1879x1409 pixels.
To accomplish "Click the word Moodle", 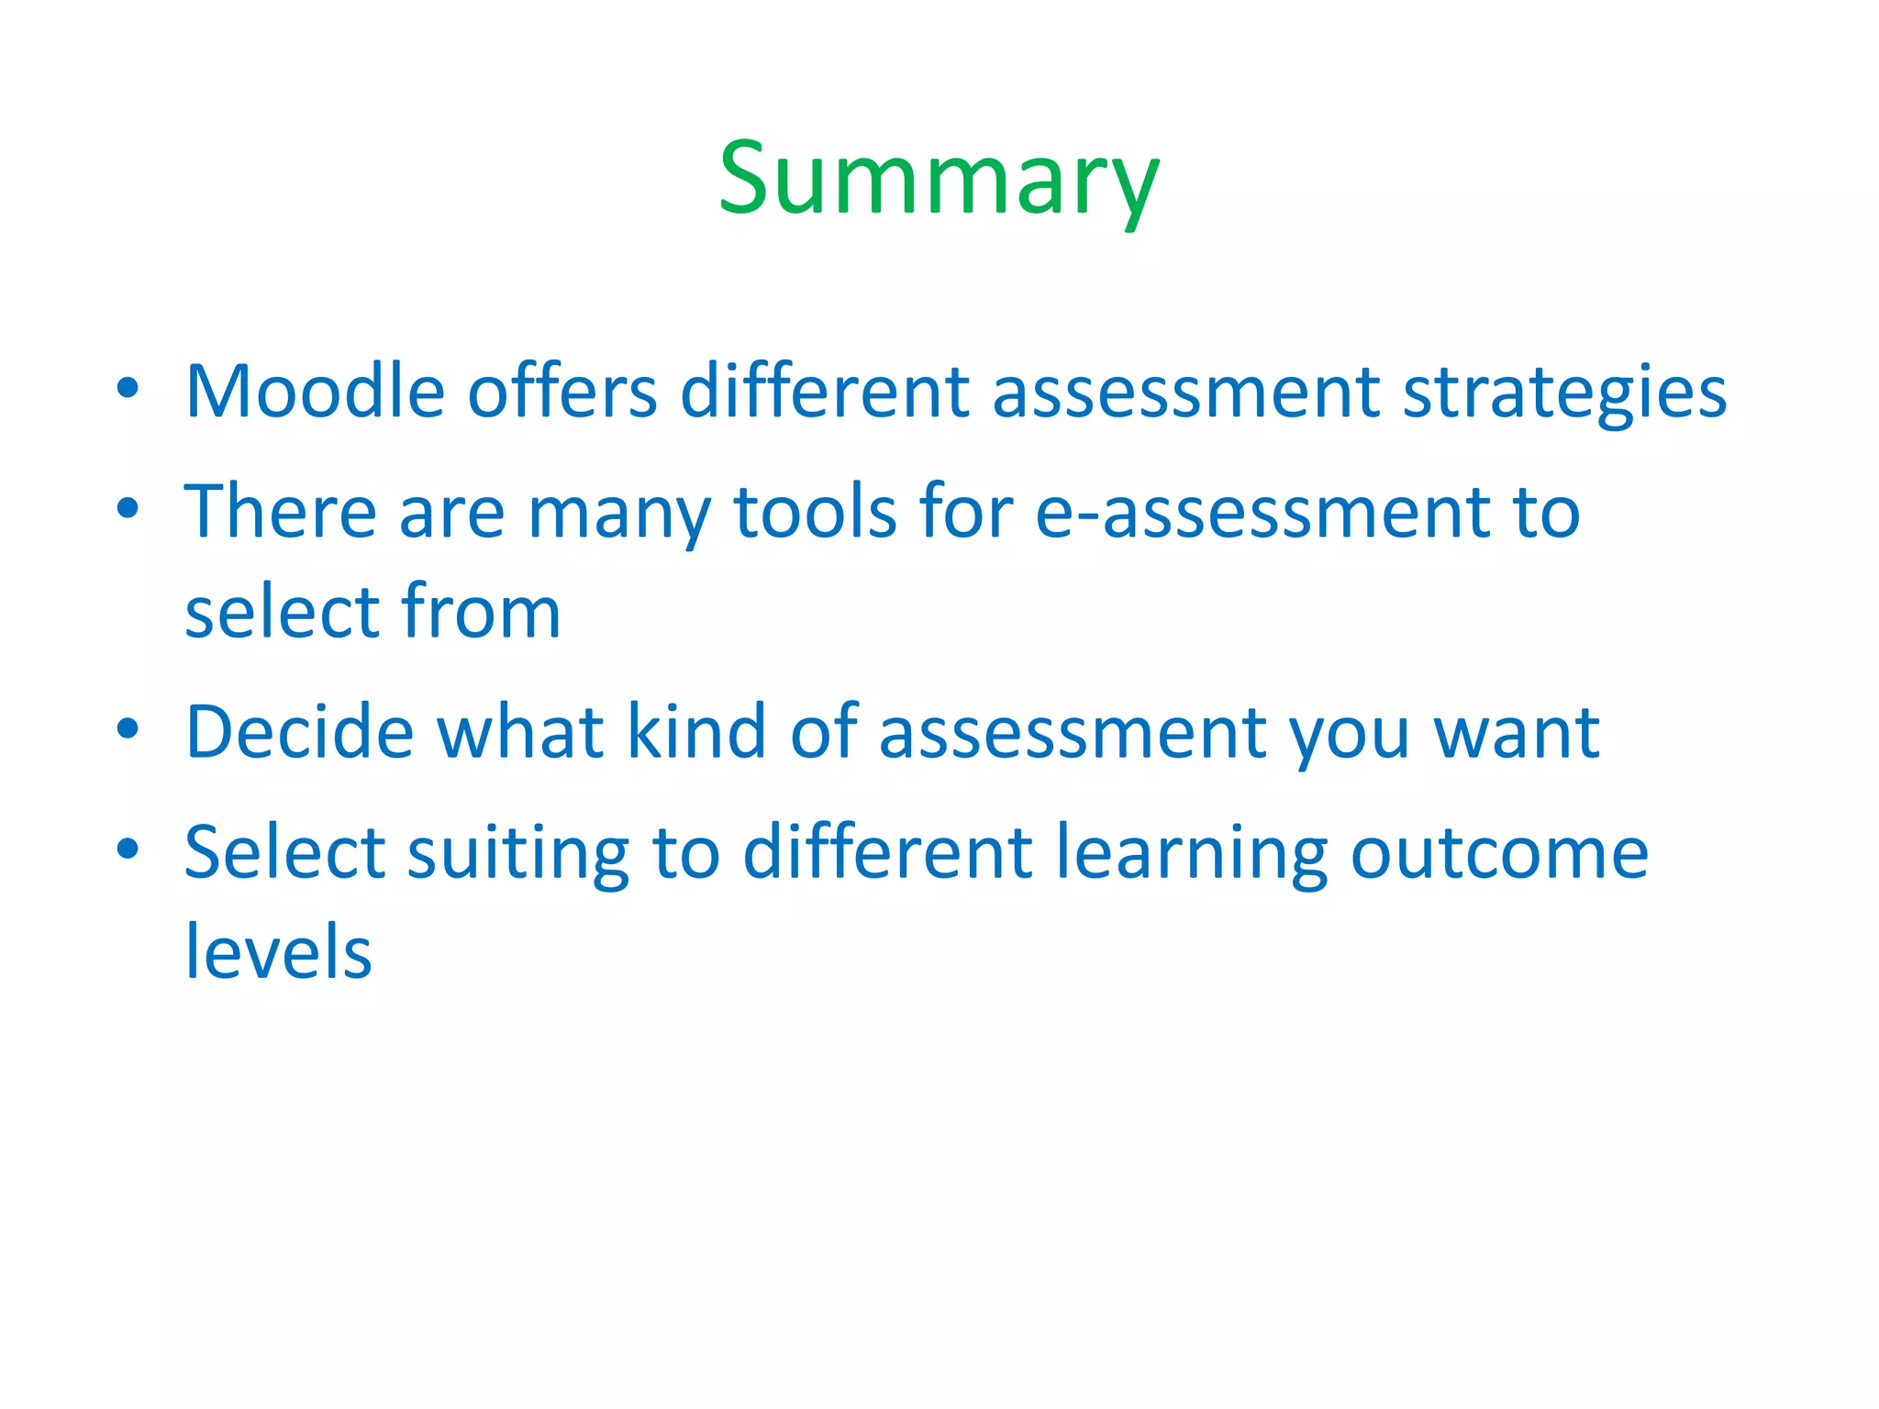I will [315, 392].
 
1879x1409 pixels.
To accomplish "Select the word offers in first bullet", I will [562, 392].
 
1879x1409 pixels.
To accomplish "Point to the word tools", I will [815, 512].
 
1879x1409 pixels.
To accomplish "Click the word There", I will [281, 512].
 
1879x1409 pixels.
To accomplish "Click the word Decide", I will [300, 732].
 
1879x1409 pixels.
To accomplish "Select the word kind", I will [695, 732].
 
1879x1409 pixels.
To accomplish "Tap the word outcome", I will [1499, 853].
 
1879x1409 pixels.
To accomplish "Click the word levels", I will [279, 952].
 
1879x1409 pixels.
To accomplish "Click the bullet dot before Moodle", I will [128, 387].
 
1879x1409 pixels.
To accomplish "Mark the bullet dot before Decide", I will [128, 728].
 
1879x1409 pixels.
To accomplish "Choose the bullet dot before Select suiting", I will [128, 849].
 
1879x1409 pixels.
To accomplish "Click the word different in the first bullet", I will [824, 392].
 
